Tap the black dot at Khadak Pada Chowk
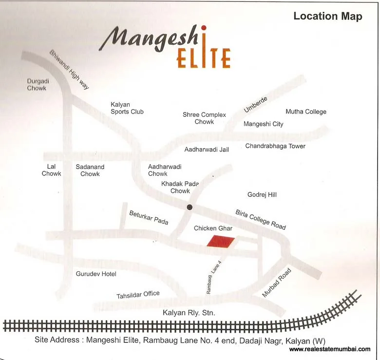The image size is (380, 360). [190, 208]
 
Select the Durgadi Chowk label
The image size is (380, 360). [37, 85]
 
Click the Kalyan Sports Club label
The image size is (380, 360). [127, 108]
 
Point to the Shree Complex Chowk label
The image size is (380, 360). [204, 118]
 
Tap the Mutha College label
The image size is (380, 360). [305, 112]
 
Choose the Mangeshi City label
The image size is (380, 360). [263, 124]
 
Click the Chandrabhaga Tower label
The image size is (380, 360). [275, 146]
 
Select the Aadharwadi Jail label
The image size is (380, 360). [206, 150]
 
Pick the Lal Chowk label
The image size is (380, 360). [51, 170]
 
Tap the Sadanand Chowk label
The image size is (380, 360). [90, 170]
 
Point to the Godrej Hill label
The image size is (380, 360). [262, 195]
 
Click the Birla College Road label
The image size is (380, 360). [261, 220]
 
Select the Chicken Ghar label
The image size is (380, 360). [213, 228]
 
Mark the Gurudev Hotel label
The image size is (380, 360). [96, 274]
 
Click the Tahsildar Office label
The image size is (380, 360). [138, 295]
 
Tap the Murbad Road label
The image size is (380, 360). [277, 283]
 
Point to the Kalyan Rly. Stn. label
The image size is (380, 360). [189, 313]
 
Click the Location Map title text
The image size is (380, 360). [327, 17]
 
